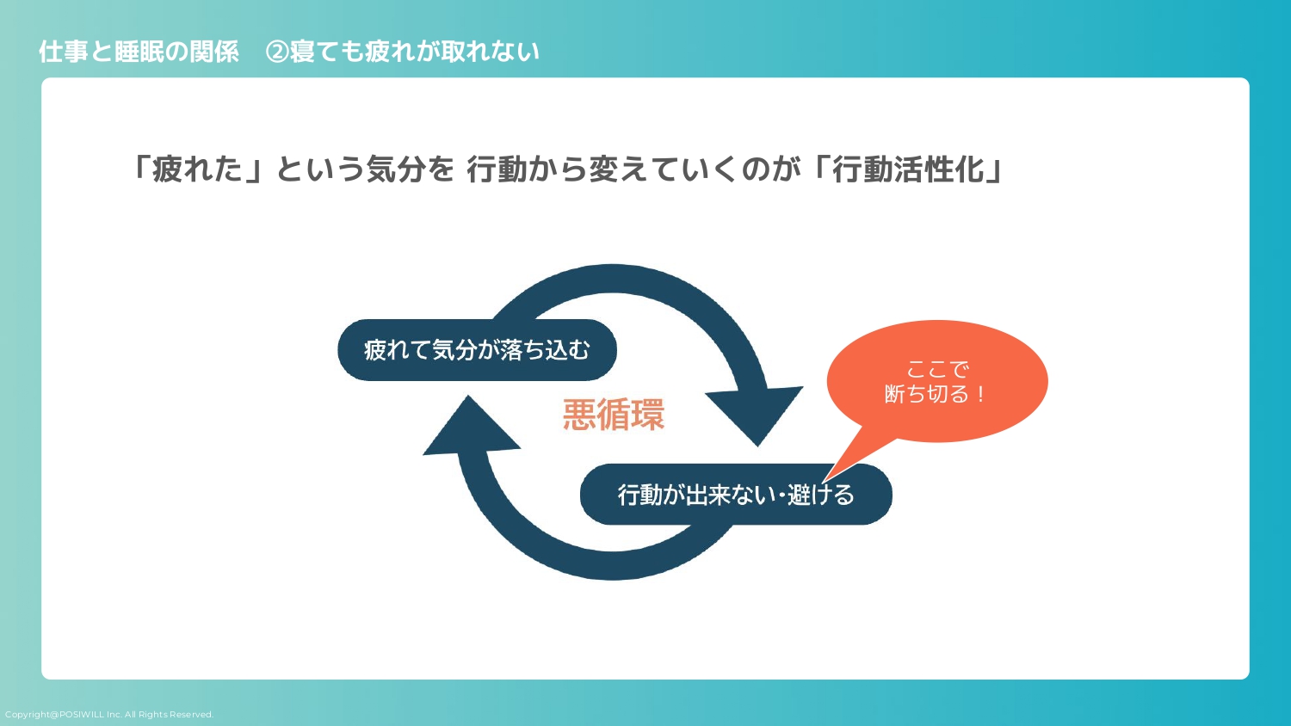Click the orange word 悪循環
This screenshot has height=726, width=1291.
(613, 415)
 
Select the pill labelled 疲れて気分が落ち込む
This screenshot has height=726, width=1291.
(477, 350)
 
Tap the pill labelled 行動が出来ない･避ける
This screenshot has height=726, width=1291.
(736, 495)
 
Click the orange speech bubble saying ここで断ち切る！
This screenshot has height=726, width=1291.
(937, 381)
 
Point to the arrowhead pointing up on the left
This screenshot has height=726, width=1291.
(471, 428)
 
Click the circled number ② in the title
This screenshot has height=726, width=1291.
(277, 52)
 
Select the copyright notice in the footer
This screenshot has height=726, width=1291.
(109, 715)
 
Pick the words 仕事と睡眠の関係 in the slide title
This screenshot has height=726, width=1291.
(139, 52)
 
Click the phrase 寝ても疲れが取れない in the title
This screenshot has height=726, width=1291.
(415, 52)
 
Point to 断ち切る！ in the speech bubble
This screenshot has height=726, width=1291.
(936, 394)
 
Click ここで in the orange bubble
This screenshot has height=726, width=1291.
(937, 370)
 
